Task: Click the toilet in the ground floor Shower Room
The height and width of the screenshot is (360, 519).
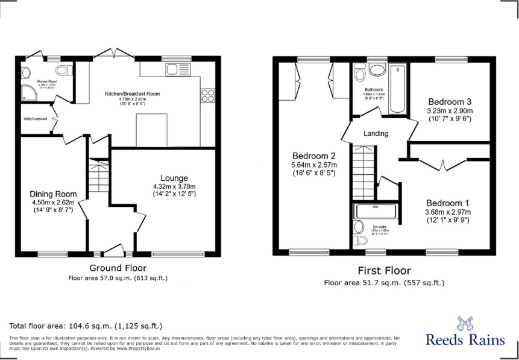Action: coord(26,72)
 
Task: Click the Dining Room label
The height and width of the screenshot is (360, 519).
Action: coord(54,194)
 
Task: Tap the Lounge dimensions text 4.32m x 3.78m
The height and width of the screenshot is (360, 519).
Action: coord(174,186)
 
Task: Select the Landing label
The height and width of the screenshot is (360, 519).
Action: coord(376,133)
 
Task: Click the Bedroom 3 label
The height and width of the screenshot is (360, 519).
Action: coord(450,101)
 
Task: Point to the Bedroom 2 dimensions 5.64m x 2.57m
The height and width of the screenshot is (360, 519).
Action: coord(314,165)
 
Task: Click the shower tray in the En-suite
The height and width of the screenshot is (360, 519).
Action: coord(376,210)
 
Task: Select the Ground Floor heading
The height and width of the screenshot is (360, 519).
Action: coord(118,268)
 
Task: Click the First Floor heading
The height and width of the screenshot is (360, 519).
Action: coord(385,271)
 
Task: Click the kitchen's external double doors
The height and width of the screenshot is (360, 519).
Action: coord(113,54)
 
